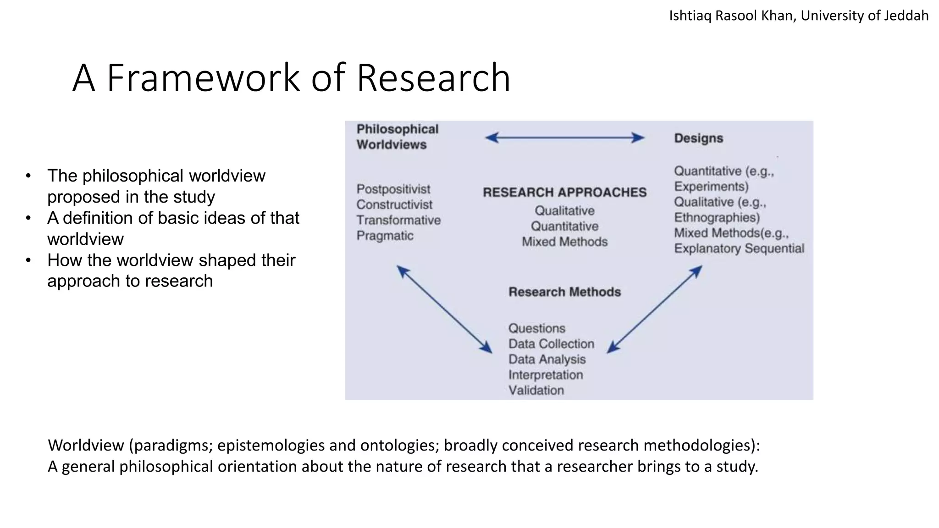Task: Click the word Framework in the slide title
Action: pyautogui.click(x=203, y=78)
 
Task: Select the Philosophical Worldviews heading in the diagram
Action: pyautogui.click(x=397, y=137)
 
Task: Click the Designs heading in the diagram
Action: pyautogui.click(x=698, y=138)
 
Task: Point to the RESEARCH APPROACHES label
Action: pyautogui.click(x=564, y=192)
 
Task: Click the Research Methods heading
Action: pyautogui.click(x=564, y=292)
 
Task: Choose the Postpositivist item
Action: pyautogui.click(x=393, y=189)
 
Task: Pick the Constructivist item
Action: pyautogui.click(x=394, y=204)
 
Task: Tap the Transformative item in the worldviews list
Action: pyautogui.click(x=398, y=220)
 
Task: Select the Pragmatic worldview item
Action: pyautogui.click(x=385, y=236)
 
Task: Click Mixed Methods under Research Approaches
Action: pyautogui.click(x=564, y=242)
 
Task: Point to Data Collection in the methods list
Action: pyautogui.click(x=551, y=344)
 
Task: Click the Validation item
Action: pyautogui.click(x=536, y=390)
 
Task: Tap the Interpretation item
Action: pyautogui.click(x=546, y=375)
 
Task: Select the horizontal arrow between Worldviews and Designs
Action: pyautogui.click(x=564, y=137)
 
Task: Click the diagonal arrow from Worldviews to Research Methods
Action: pyautogui.click(x=444, y=309)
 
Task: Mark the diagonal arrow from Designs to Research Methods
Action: pyautogui.click(x=654, y=309)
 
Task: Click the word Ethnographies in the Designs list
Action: pyautogui.click(x=717, y=218)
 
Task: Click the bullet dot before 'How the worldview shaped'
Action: pyautogui.click(x=28, y=260)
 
